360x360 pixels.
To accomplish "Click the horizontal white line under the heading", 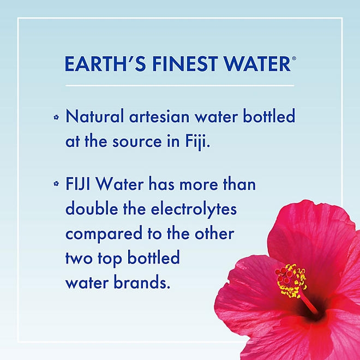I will (180, 86).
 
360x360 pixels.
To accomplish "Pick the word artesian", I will (155, 117).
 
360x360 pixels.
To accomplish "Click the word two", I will (77, 258).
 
